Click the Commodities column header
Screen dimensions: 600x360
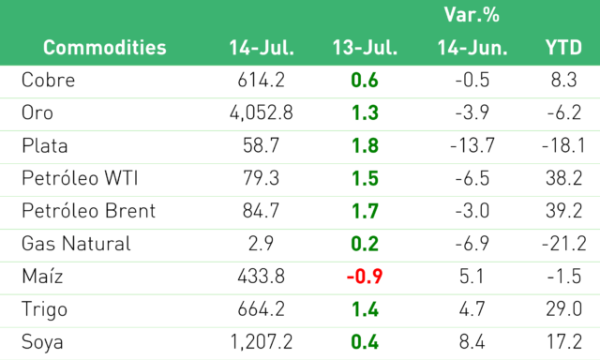click(104, 48)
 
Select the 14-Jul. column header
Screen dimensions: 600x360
click(262, 48)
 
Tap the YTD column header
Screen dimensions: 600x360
click(563, 48)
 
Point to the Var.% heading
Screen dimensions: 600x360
click(472, 15)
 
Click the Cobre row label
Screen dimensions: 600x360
click(48, 80)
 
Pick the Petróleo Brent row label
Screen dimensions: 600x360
click(88, 211)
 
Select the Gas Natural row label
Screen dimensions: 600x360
click(76, 244)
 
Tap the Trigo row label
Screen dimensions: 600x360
click(44, 309)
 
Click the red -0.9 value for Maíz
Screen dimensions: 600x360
click(365, 277)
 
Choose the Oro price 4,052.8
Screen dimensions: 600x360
click(262, 112)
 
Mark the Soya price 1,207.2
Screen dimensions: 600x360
click(262, 342)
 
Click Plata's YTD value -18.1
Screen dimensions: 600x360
click(563, 145)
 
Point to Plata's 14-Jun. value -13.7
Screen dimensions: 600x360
click(472, 145)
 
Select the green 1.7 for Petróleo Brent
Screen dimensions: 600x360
click(365, 211)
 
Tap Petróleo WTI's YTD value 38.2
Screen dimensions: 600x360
click(564, 178)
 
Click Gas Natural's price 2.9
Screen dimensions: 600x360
click(261, 244)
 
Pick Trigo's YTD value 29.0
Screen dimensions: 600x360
click(564, 309)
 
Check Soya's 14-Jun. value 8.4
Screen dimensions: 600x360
click(472, 342)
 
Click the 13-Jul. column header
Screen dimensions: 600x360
click(365, 48)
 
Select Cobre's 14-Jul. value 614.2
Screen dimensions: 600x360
click(261, 80)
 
